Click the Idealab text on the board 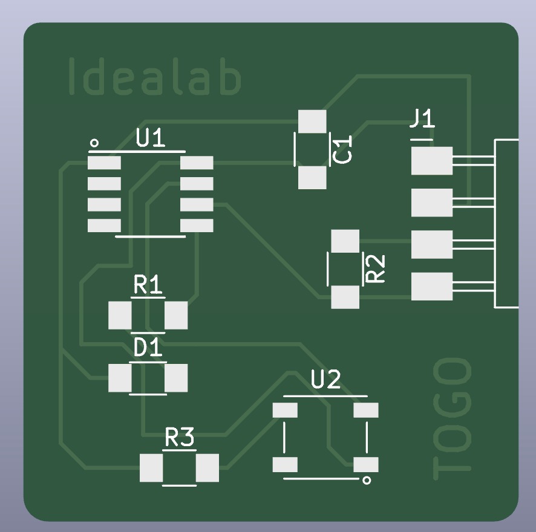coord(154,77)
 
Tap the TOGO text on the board coord(452,418)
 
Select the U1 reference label coord(151,140)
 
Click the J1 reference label coord(422,118)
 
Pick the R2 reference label coord(376,268)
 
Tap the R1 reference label coord(148,285)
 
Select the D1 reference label coord(148,348)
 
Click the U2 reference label coord(326,380)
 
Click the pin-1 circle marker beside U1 coord(94,143)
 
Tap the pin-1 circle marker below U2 coord(365,481)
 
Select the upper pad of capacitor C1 coord(313,122)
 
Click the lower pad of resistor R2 coord(345,296)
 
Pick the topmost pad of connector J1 coord(432,161)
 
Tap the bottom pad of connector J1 coord(432,287)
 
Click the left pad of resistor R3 coord(151,467)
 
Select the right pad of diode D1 coord(176,378)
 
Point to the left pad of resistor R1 coord(120,315)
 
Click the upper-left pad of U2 coord(285,410)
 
